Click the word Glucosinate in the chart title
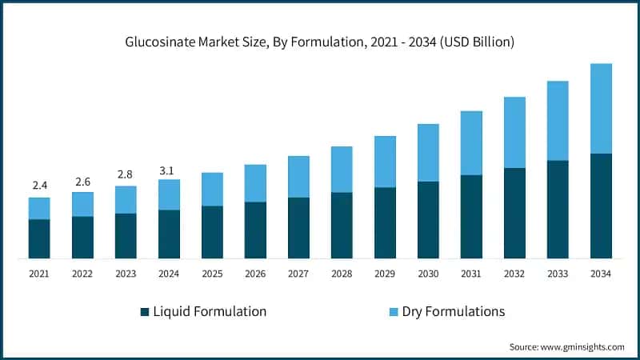click(160, 41)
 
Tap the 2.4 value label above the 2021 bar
click(40, 186)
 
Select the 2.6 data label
click(83, 182)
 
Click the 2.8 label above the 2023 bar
click(126, 174)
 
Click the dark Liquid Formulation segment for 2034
click(601, 206)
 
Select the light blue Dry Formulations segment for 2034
click(601, 108)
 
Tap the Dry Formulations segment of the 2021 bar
click(40, 208)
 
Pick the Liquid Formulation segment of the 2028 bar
click(342, 225)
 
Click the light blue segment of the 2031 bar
click(471, 142)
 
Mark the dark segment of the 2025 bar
click(212, 232)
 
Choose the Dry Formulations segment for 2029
click(385, 162)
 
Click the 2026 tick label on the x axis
click(255, 274)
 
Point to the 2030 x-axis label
click(428, 274)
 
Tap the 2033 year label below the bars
click(558, 274)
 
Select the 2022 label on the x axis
click(82, 274)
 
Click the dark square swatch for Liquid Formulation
click(145, 312)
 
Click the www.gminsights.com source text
click(582, 346)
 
